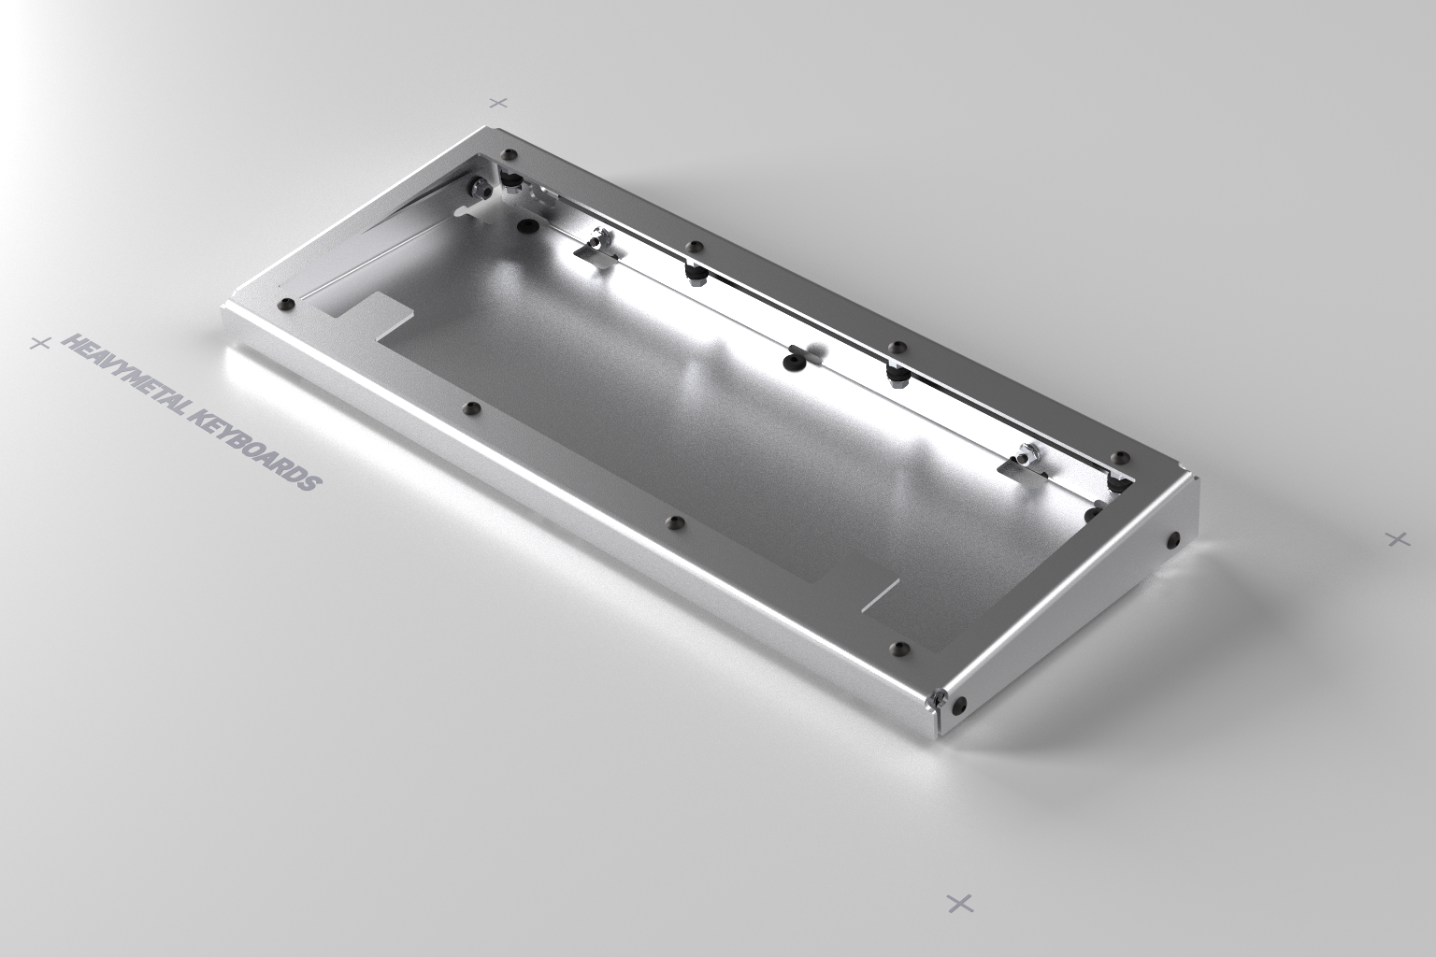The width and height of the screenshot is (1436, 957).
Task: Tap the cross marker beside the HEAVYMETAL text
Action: (x=39, y=343)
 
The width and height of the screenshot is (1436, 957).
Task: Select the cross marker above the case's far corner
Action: (x=498, y=102)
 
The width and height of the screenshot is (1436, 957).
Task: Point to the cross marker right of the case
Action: (x=1397, y=538)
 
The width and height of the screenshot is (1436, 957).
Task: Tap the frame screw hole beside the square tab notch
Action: (x=286, y=303)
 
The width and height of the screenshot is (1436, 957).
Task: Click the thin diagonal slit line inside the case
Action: (x=880, y=593)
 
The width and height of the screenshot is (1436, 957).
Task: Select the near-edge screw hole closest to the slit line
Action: (x=900, y=647)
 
